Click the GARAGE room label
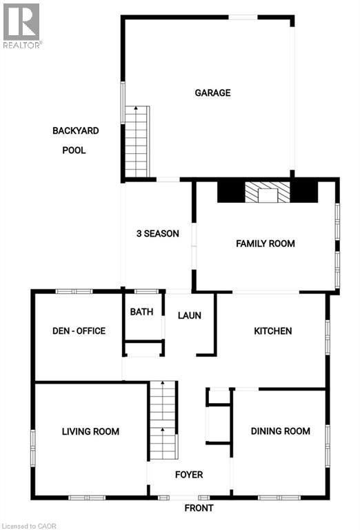(x=212, y=93)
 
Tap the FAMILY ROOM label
(x=265, y=244)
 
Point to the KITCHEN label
(x=272, y=331)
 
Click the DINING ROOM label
(x=280, y=431)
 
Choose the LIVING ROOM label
(x=90, y=432)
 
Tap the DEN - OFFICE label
(x=78, y=331)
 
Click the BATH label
(x=141, y=312)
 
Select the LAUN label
(x=189, y=315)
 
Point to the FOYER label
(x=188, y=475)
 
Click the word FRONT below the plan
(x=199, y=508)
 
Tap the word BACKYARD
(x=75, y=130)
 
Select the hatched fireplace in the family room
(x=266, y=192)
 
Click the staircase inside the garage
(x=137, y=143)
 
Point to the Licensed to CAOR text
(x=30, y=524)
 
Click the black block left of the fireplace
(x=230, y=192)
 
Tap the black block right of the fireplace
(x=303, y=192)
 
